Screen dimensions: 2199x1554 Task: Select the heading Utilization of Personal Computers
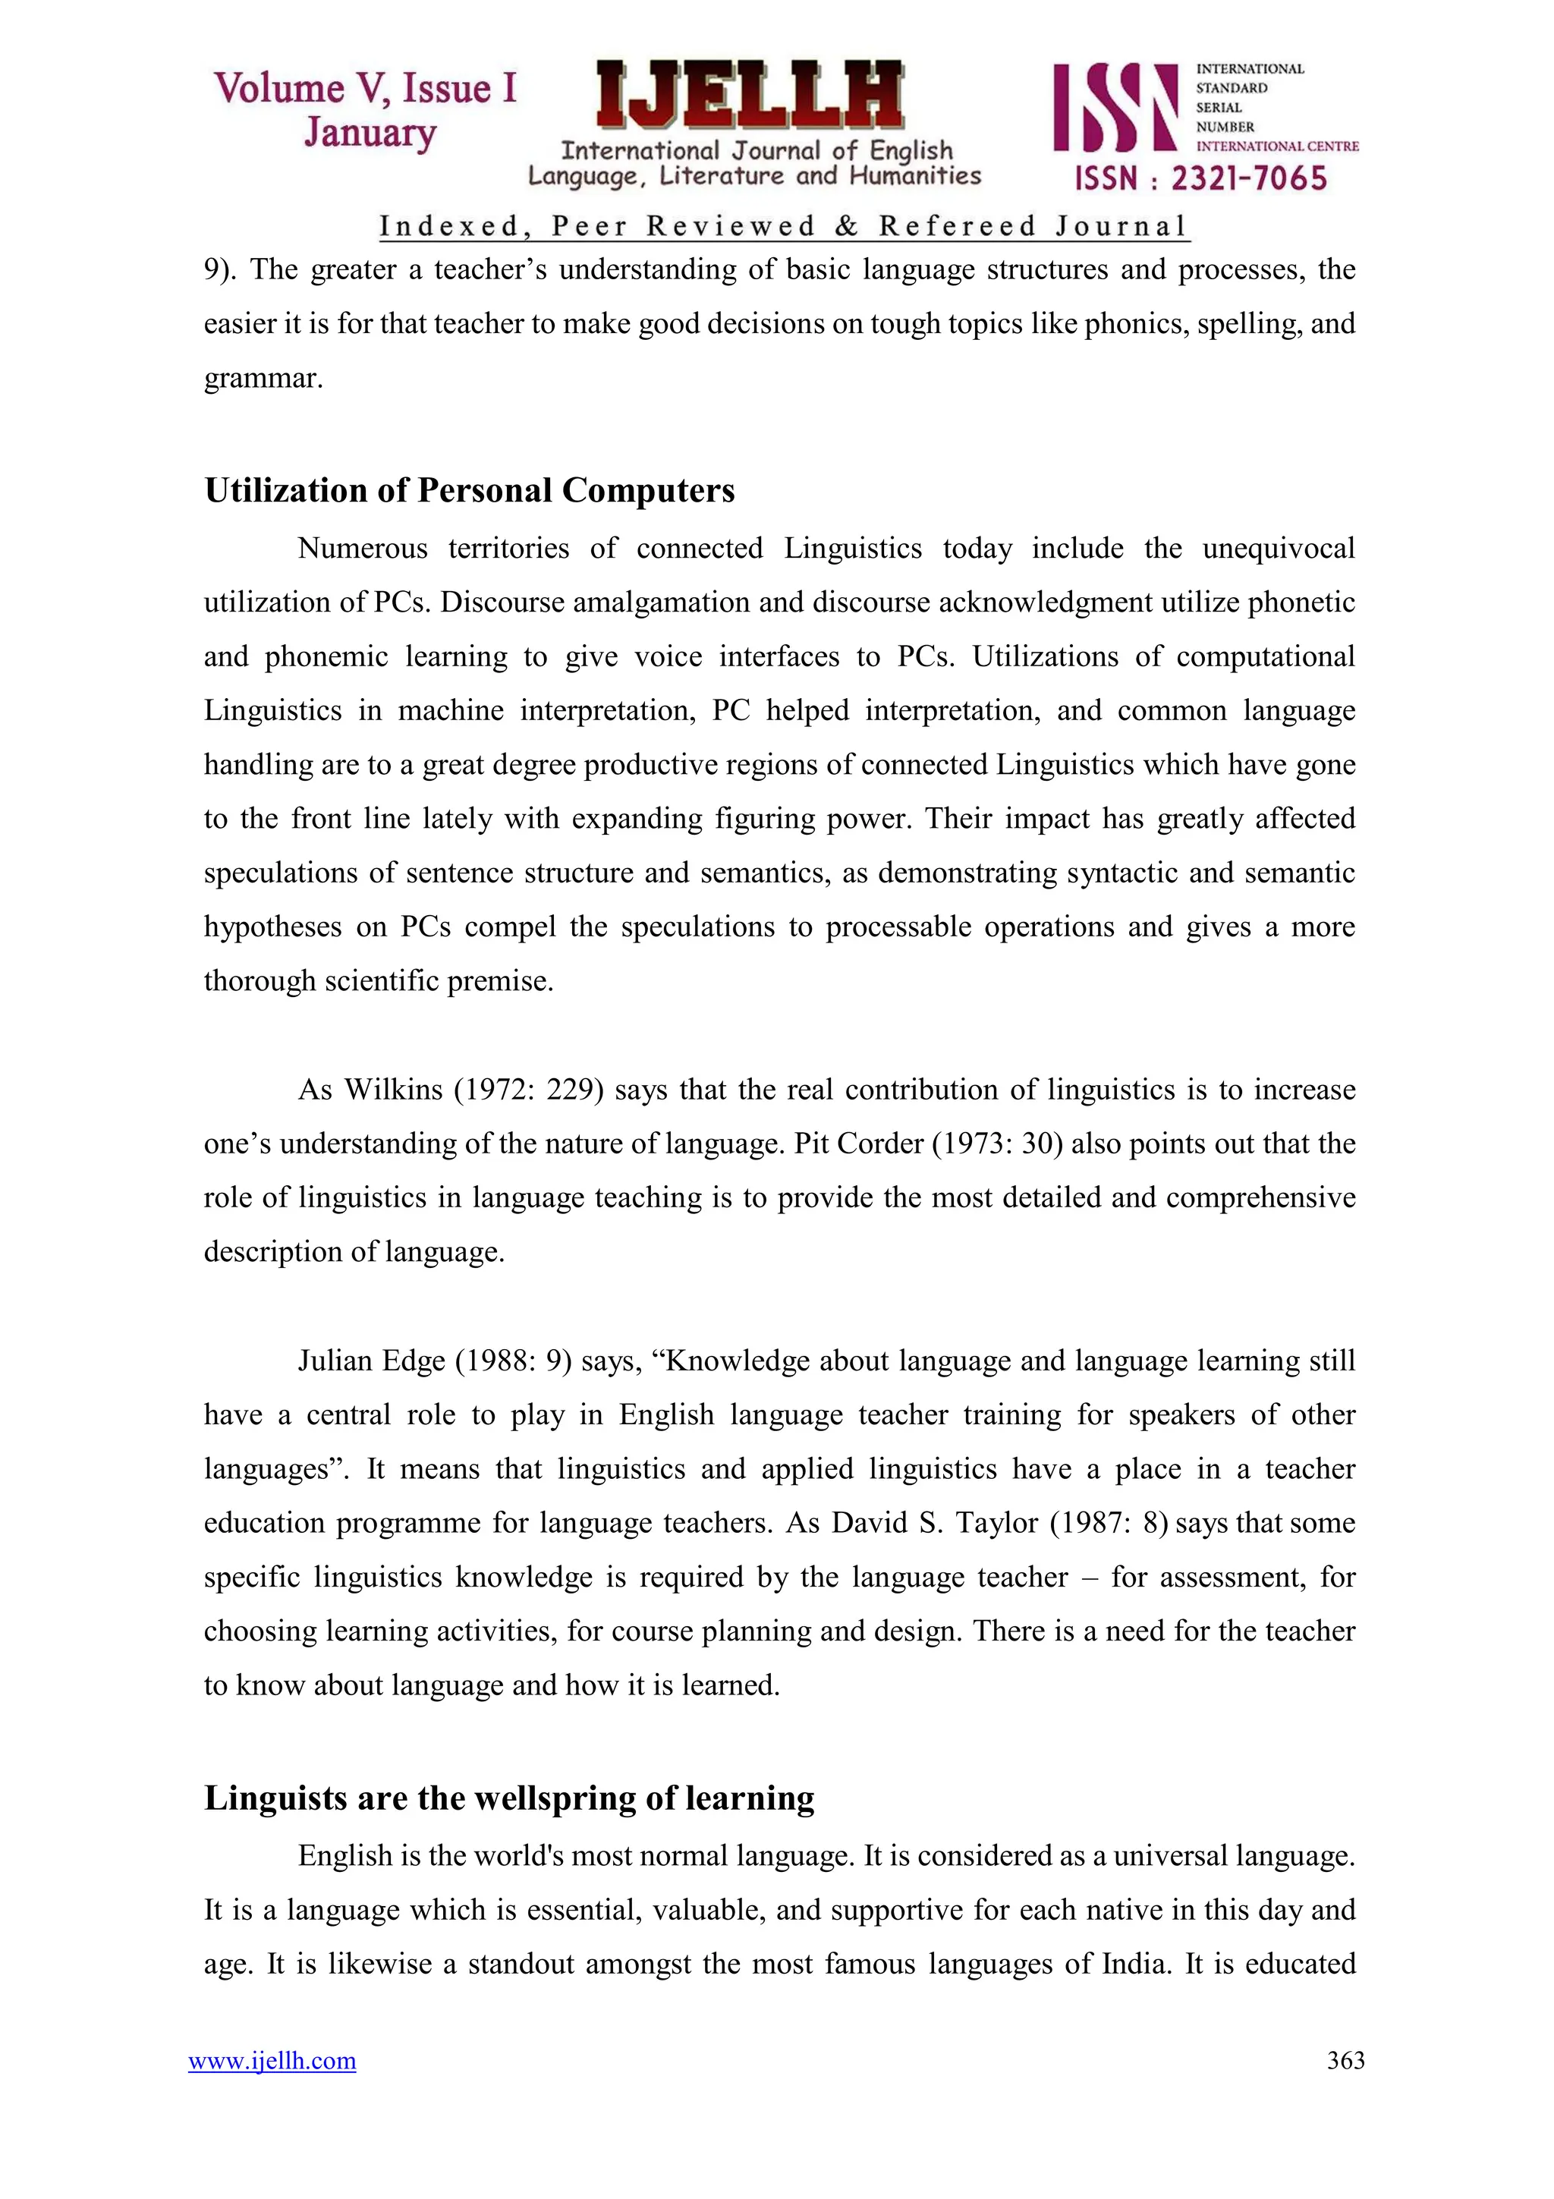point(469,490)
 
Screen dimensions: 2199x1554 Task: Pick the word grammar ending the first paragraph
point(263,379)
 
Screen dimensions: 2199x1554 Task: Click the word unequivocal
point(1279,549)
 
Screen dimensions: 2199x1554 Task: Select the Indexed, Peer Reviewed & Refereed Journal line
point(783,227)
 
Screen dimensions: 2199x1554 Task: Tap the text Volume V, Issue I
point(366,88)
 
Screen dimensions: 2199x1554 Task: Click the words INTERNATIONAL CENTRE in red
point(1277,146)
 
